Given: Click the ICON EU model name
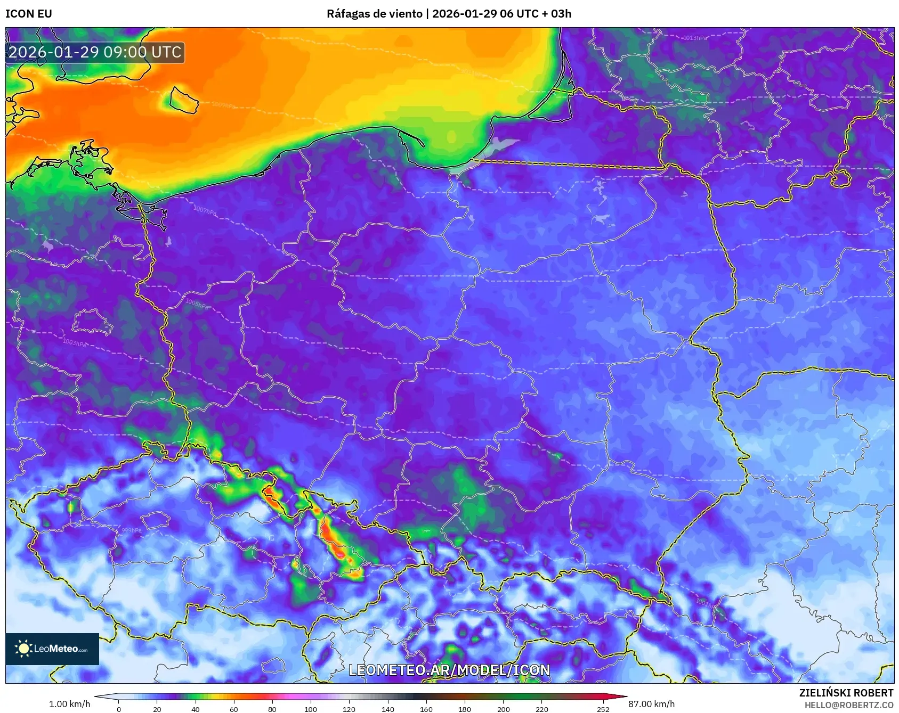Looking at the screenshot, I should pyautogui.click(x=29, y=14).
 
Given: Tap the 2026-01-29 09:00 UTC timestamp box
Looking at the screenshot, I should pyautogui.click(x=95, y=53).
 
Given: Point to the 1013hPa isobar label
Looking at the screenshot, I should pyautogui.click(x=695, y=38).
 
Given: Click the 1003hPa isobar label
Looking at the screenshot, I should pyautogui.click(x=74, y=342).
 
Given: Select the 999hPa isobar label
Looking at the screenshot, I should pyautogui.click(x=132, y=530).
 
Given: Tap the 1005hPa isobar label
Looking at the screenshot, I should pyautogui.click(x=197, y=304).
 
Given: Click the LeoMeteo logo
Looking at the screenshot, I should pyautogui.click(x=52, y=649).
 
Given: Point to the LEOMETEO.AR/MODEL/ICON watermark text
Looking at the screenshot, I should pyautogui.click(x=449, y=670).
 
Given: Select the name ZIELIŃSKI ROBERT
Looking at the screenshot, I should pyautogui.click(x=846, y=693).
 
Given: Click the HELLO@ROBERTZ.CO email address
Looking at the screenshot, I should pyautogui.click(x=848, y=705).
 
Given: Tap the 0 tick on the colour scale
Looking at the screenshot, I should pyautogui.click(x=119, y=709).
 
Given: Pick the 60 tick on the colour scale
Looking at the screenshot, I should pyautogui.click(x=234, y=709).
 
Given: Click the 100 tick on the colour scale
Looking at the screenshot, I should pyautogui.click(x=311, y=709).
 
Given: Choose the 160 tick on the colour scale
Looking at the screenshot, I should pyautogui.click(x=426, y=709).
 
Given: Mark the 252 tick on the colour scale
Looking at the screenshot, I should pyautogui.click(x=603, y=709).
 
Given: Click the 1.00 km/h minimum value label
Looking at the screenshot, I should pyautogui.click(x=69, y=704).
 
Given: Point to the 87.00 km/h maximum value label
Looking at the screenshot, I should pyautogui.click(x=651, y=704).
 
